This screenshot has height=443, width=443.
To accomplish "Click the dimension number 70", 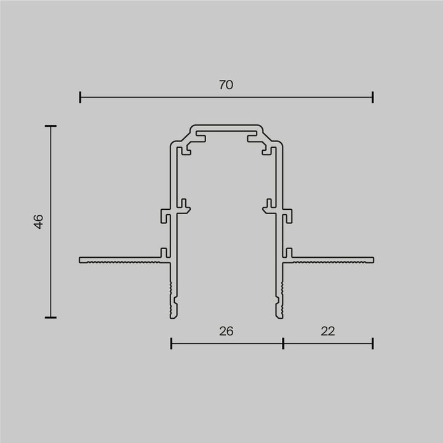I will pos(226,86).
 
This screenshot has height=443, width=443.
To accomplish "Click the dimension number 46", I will pos(38,221).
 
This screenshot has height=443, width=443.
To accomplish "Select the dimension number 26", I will pos(226,331).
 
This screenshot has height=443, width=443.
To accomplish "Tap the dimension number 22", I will pos(328,331).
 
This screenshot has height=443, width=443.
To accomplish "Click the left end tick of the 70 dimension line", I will pos(80,97).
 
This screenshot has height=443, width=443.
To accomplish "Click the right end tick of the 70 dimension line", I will pos(373,97).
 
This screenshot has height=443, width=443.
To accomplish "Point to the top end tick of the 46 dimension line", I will pos(50,126).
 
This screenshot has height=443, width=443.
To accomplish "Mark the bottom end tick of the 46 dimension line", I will pos(50,317).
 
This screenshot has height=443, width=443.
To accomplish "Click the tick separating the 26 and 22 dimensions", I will pos(283,343).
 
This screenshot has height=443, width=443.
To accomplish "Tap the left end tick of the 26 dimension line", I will pos(171,343).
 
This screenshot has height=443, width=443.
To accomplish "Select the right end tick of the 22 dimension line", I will pos(373,343).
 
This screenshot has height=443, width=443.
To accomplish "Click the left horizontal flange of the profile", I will pos(120,260).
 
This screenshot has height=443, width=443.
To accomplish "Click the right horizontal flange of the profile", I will pos(332,260).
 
